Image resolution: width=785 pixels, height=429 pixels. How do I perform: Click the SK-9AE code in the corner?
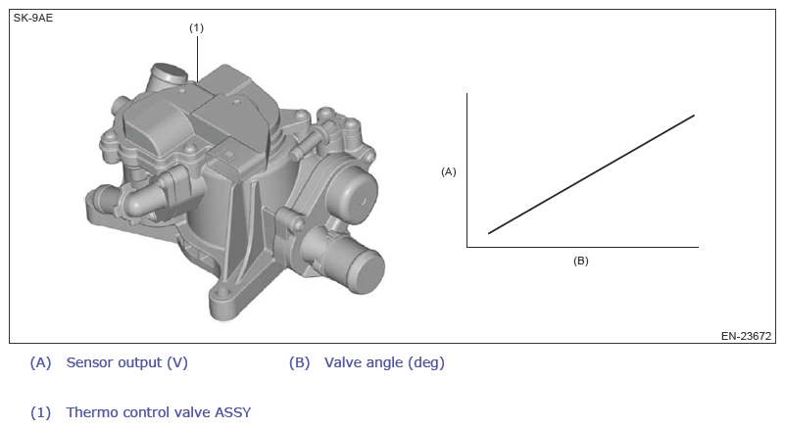tap(33, 18)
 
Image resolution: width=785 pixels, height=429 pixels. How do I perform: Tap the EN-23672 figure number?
tap(746, 336)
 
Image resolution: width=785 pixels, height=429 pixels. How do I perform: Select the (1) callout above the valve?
tap(196, 27)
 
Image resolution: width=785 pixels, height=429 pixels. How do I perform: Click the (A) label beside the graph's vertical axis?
tap(449, 171)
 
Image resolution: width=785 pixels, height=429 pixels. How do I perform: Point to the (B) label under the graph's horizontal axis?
tap(581, 261)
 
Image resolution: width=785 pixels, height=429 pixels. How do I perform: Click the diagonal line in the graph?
tap(591, 174)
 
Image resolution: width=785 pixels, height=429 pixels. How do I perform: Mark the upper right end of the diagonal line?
tap(695, 116)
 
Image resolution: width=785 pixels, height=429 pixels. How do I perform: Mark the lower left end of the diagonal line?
tap(489, 233)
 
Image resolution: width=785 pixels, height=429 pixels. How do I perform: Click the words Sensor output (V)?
tap(127, 362)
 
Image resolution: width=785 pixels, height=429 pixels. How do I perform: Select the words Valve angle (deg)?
tap(384, 362)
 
